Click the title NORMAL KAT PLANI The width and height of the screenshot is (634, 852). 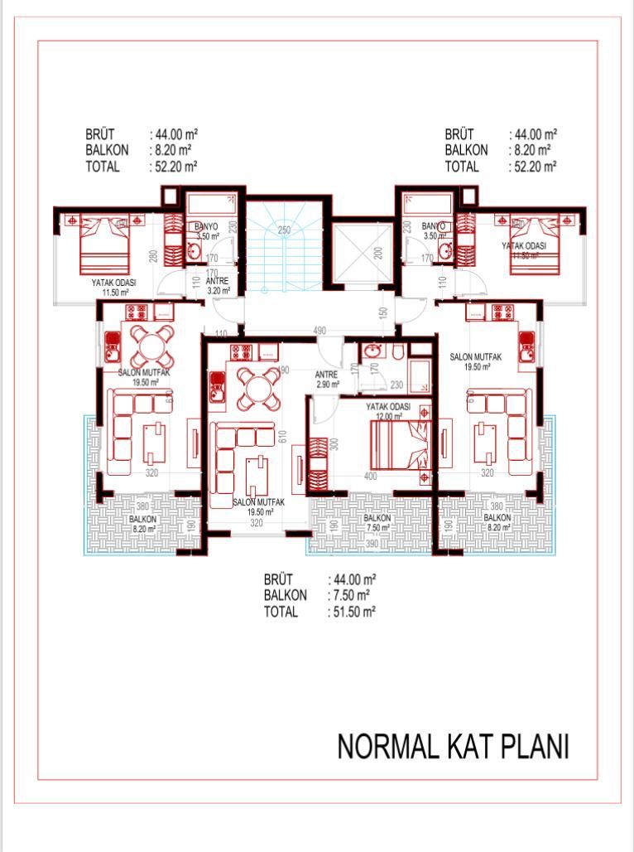coord(453,747)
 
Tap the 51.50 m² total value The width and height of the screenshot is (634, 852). coord(352,612)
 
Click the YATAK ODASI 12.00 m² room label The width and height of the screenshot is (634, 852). coord(389,411)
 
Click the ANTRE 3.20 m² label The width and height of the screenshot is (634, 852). coord(218,286)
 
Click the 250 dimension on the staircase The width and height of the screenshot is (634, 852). coord(284,230)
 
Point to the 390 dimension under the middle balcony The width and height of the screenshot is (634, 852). coord(372,543)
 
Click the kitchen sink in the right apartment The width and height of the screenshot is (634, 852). coord(526,349)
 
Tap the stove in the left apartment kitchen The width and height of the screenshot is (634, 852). coord(136,312)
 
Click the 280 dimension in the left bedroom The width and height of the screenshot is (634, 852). coord(154,255)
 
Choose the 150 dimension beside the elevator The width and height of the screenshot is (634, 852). coord(383,313)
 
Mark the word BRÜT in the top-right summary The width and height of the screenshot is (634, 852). coord(461,133)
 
